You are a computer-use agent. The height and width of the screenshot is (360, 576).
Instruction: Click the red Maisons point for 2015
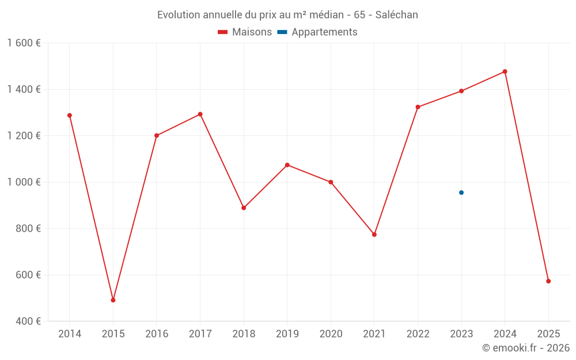click(x=113, y=300)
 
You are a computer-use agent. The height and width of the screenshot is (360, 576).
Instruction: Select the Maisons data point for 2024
click(x=505, y=71)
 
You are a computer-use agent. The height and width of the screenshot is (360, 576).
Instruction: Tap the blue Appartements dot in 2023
click(x=461, y=192)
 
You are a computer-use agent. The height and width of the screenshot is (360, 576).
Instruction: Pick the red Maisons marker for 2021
click(x=374, y=234)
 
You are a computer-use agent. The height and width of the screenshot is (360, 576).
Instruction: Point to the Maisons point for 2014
click(x=70, y=115)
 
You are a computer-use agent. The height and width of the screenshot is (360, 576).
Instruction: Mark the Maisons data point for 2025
click(x=548, y=281)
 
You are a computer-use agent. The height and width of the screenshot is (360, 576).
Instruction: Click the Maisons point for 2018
click(x=244, y=208)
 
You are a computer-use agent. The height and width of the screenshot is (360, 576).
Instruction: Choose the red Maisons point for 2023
click(x=461, y=91)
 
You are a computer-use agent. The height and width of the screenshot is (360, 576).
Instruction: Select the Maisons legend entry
click(x=245, y=32)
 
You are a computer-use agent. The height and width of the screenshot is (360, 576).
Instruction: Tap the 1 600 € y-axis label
click(x=24, y=43)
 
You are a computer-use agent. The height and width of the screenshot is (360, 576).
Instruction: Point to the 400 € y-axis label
click(x=28, y=321)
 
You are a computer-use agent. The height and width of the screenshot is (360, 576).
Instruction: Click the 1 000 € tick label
click(x=24, y=182)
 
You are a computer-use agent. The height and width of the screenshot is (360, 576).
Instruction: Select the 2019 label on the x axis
click(x=287, y=334)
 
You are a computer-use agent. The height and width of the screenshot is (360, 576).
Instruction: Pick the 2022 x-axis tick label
click(x=418, y=334)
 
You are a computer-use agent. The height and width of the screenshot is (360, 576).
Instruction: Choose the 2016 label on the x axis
click(x=157, y=334)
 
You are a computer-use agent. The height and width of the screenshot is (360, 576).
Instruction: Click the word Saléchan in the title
click(x=397, y=15)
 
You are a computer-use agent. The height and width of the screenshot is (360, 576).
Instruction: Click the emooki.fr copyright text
click(x=526, y=348)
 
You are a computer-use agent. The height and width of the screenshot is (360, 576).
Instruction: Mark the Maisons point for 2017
click(x=200, y=114)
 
